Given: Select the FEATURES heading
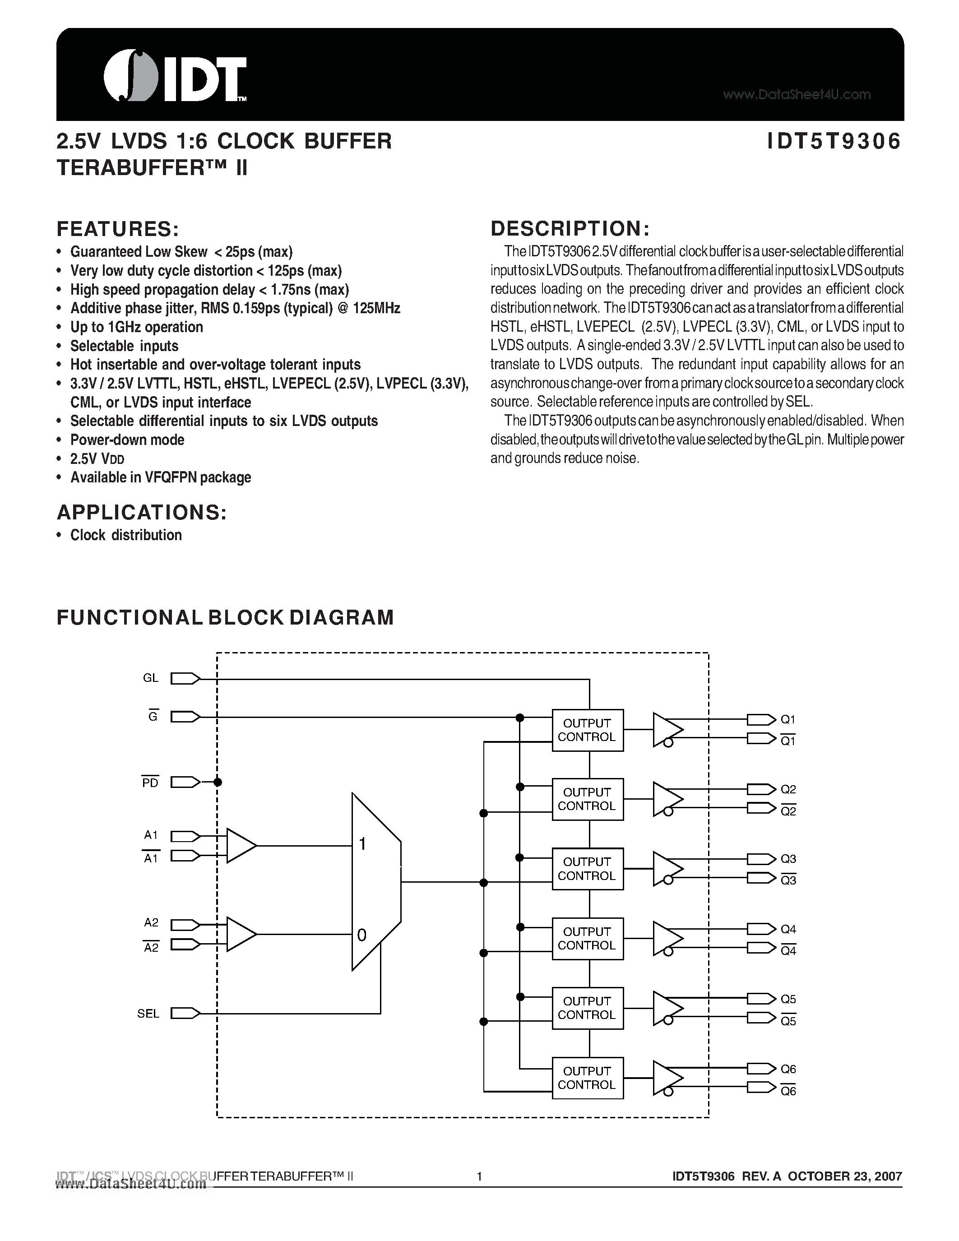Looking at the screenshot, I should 118,229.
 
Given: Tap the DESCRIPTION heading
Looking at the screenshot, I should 570,228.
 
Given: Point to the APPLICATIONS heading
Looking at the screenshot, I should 141,513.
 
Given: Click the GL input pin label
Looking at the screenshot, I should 151,678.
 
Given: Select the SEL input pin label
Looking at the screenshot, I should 148,1014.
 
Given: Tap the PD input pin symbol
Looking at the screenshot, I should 185,783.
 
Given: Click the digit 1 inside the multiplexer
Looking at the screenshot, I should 362,844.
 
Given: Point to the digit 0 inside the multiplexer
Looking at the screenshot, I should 362,935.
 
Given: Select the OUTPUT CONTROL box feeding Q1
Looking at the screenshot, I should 588,730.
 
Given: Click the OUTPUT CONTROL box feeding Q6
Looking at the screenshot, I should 588,1078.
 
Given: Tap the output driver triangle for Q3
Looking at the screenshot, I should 667,869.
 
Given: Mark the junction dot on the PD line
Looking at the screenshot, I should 218,783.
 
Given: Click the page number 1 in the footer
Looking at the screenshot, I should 479,1176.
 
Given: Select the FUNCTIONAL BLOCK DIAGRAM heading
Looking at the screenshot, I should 225,618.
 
